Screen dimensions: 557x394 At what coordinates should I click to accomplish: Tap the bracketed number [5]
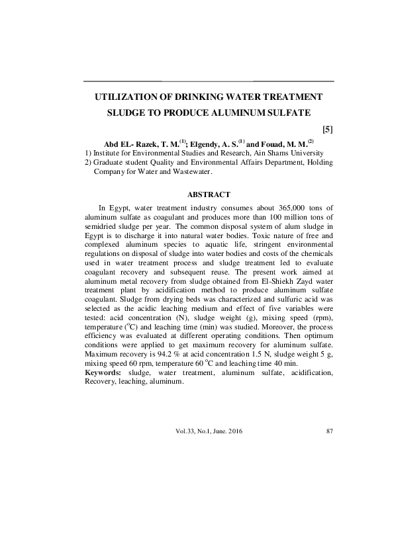pyautogui.click(x=326, y=129)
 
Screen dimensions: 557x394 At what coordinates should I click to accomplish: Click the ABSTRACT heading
pyautogui.click(x=209, y=194)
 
